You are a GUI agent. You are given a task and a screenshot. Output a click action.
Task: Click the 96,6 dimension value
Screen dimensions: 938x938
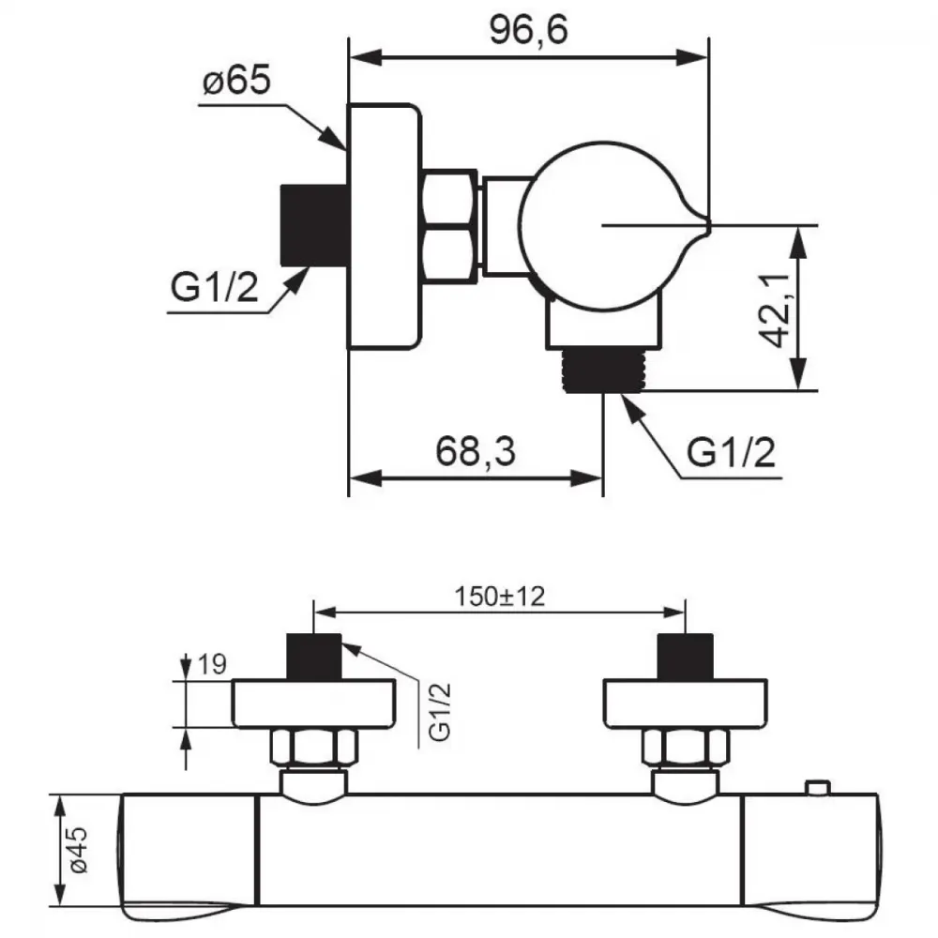pyautogui.click(x=528, y=30)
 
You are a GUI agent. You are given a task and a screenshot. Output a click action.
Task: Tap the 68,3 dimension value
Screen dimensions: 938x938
pyautogui.click(x=475, y=451)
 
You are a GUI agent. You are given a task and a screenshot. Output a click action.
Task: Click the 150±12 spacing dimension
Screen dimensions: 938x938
pyautogui.click(x=500, y=597)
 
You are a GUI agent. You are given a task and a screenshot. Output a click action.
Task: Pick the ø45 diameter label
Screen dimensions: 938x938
pyautogui.click(x=79, y=850)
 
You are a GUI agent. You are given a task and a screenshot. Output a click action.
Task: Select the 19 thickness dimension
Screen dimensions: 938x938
pyautogui.click(x=212, y=664)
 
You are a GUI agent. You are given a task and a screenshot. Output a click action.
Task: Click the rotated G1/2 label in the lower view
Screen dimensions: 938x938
pyautogui.click(x=440, y=712)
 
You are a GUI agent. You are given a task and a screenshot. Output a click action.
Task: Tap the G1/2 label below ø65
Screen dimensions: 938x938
pyautogui.click(x=214, y=287)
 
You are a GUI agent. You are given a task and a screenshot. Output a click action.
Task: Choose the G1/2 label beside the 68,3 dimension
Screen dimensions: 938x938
pyautogui.click(x=731, y=452)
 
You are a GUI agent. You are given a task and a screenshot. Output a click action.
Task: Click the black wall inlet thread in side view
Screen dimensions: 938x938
pyautogui.click(x=314, y=225)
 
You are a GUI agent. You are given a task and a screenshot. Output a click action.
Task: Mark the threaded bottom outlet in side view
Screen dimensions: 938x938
pyautogui.click(x=604, y=371)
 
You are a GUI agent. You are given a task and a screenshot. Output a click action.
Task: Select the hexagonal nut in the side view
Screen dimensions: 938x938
pyautogui.click(x=450, y=226)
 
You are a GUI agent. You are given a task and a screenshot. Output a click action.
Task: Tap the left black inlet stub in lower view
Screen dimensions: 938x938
pyautogui.click(x=314, y=657)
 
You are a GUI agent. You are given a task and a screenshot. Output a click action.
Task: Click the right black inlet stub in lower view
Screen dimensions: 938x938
pyautogui.click(x=686, y=657)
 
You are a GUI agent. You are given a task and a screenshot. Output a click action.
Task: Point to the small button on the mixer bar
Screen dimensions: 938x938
pyautogui.click(x=818, y=788)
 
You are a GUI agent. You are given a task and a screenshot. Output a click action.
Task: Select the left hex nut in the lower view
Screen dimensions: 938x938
pyautogui.click(x=314, y=747)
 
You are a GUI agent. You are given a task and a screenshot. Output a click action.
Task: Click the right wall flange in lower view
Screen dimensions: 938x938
pyautogui.click(x=685, y=703)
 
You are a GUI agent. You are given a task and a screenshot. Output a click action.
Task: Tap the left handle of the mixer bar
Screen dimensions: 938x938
pyautogui.click(x=189, y=857)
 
